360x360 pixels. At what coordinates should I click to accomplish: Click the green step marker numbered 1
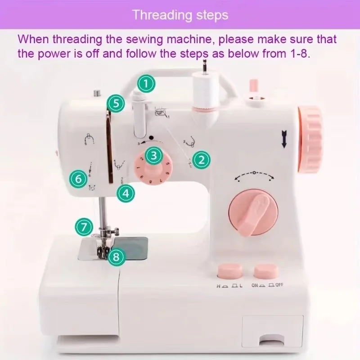pyautogui.click(x=146, y=83)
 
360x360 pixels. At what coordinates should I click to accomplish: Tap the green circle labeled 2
pyautogui.click(x=201, y=159)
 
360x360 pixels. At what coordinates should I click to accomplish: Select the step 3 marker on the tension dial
pyautogui.click(x=154, y=156)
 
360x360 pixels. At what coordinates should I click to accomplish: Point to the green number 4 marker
pyautogui.click(x=126, y=193)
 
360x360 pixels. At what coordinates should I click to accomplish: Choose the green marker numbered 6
pyautogui.click(x=78, y=179)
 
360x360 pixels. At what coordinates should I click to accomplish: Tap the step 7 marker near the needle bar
pyautogui.click(x=84, y=227)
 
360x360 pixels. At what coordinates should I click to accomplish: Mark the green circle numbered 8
pyautogui.click(x=116, y=257)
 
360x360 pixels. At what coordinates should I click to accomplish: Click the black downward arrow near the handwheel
pyautogui.click(x=284, y=138)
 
